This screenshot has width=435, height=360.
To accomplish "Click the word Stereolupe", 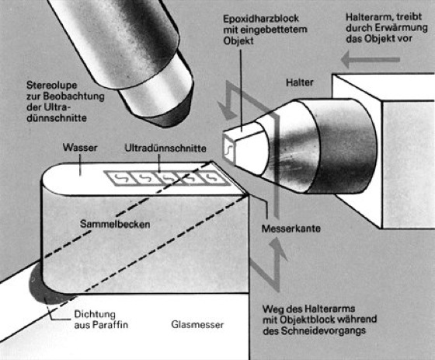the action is click(x=52, y=86).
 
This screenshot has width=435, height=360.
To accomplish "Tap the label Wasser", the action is click(x=80, y=147).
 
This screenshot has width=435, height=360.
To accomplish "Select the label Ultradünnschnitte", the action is click(x=165, y=148).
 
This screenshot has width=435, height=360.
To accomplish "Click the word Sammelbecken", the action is click(x=115, y=224).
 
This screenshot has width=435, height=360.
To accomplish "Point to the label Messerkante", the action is click(x=291, y=229).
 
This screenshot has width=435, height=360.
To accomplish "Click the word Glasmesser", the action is click(x=197, y=324).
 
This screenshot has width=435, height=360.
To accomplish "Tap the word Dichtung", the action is click(x=95, y=314).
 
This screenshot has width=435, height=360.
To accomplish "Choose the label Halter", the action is click(x=300, y=82).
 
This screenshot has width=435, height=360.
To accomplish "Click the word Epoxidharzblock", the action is click(x=261, y=19).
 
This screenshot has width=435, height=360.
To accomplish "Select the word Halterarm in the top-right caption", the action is click(x=368, y=17).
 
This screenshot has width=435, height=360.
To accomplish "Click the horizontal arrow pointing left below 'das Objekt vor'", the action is click(x=370, y=60).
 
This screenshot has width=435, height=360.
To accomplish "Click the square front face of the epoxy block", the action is click(x=229, y=150).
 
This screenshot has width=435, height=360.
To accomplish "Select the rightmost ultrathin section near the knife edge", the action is click(x=214, y=178).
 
